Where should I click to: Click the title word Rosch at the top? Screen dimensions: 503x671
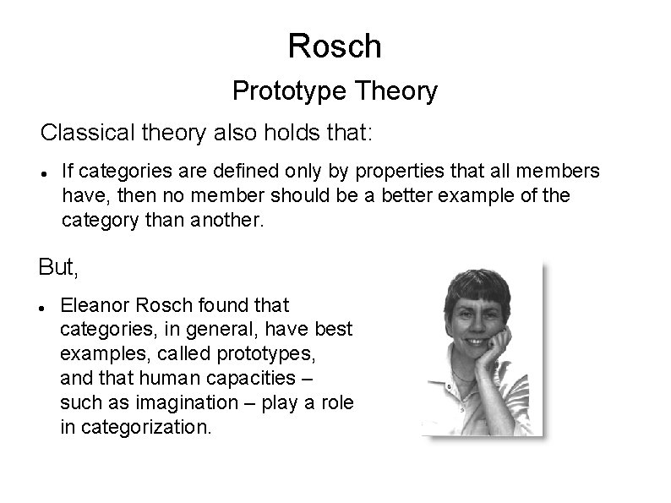335,46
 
